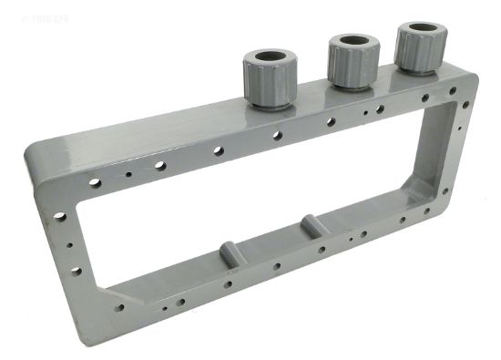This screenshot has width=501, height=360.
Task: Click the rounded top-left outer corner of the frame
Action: pyautogui.click(x=36, y=150)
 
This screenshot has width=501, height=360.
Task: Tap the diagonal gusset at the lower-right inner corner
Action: pyautogui.click(x=420, y=191)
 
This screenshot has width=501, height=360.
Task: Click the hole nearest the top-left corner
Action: pyautogui.click(x=95, y=182)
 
